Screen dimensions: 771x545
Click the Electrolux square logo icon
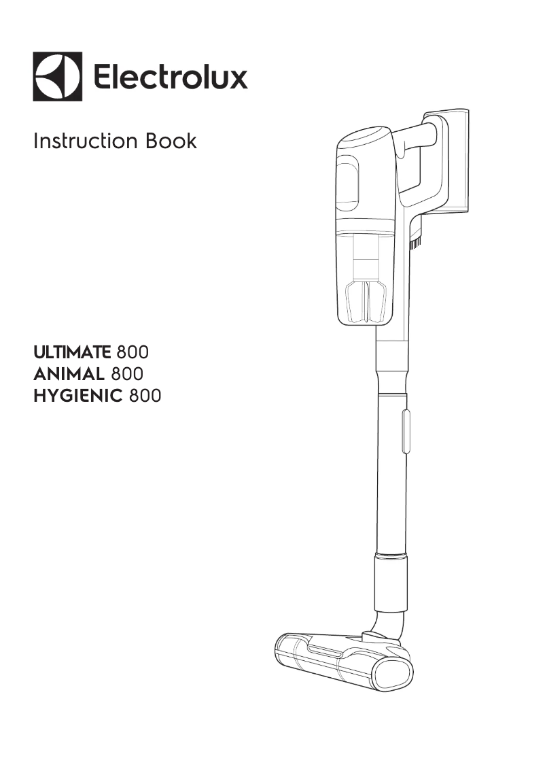pyautogui.click(x=57, y=77)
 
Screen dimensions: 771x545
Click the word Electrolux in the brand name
pyautogui.click(x=170, y=77)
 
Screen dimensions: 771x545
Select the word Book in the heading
pyautogui.click(x=171, y=141)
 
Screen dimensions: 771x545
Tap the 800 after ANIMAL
pyautogui.click(x=126, y=374)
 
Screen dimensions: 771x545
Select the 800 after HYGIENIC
pyautogui.click(x=145, y=396)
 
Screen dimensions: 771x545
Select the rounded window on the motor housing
pyautogui.click(x=348, y=180)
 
